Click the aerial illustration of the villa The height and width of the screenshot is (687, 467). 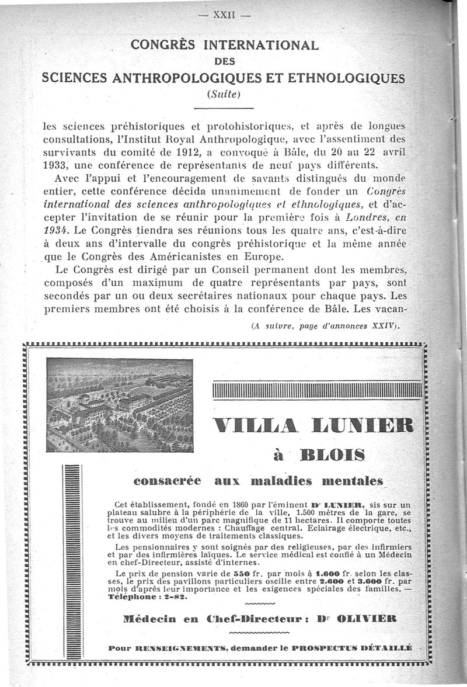[x=120, y=405]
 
